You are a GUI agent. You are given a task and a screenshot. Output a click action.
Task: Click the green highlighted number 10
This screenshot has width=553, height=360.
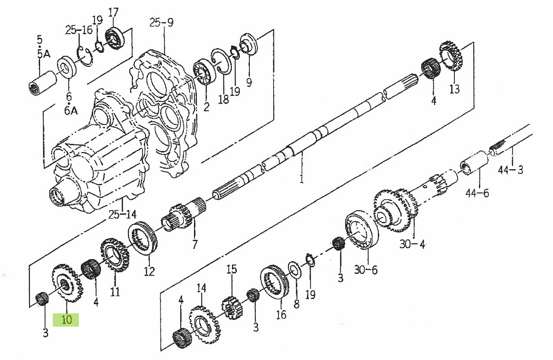pyautogui.click(x=66, y=319)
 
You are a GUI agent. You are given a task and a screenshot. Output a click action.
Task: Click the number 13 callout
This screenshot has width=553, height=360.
pyautogui.click(x=454, y=89)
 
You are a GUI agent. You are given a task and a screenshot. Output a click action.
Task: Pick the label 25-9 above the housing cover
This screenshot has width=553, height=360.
pyautogui.click(x=161, y=22)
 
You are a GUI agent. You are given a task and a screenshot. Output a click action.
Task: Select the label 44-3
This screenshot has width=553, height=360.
pyautogui.click(x=511, y=170)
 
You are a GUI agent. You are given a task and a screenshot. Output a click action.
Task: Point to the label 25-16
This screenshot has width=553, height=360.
pyautogui.click(x=78, y=30)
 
